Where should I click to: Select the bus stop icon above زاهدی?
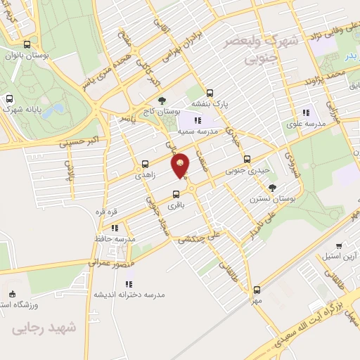pos(146,160)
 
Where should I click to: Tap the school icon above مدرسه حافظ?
pos(115,228)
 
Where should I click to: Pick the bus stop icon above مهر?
pos(257,289)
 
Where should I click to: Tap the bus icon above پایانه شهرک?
pos(10,98)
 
